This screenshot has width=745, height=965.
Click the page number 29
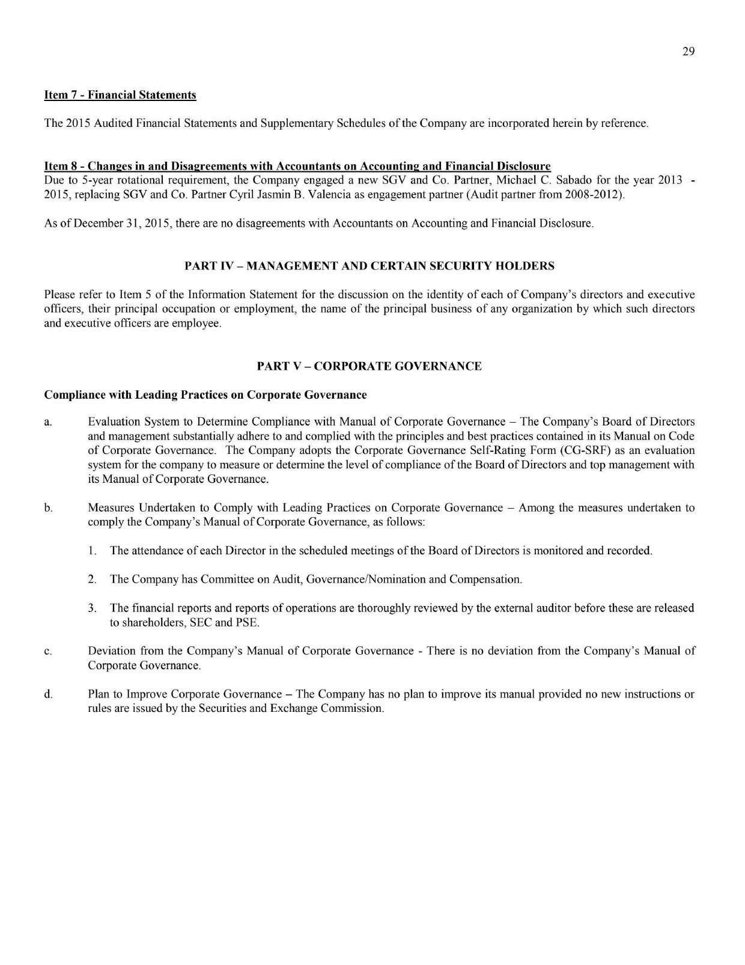(x=689, y=52)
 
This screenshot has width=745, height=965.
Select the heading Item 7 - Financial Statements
(x=120, y=95)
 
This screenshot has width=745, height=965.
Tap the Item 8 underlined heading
(x=297, y=166)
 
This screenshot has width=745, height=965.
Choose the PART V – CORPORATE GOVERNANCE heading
(x=369, y=366)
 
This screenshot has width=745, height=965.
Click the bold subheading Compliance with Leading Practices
(x=205, y=395)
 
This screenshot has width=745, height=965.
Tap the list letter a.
(x=47, y=421)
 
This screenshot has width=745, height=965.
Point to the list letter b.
(x=47, y=508)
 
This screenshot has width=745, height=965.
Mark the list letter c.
(x=47, y=651)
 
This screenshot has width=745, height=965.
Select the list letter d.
(x=47, y=694)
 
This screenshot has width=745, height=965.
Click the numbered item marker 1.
(x=92, y=551)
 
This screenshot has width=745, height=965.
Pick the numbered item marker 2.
(x=92, y=580)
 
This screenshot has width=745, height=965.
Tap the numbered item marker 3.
(x=92, y=608)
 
